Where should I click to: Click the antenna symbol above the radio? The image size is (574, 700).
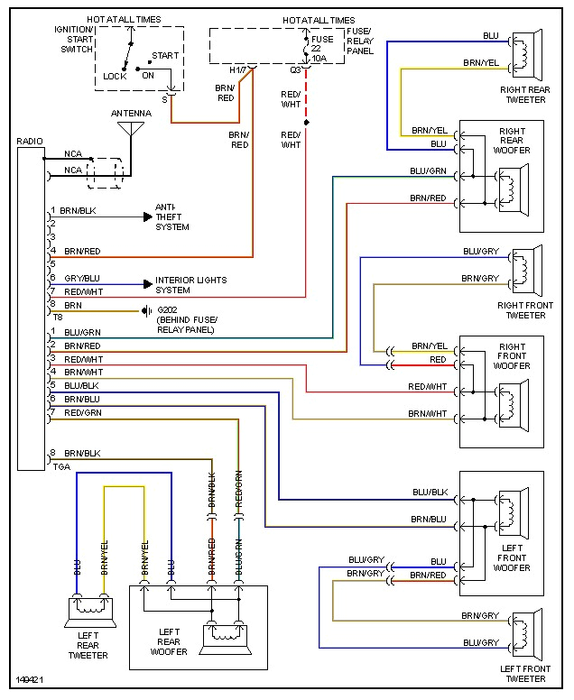click(x=130, y=129)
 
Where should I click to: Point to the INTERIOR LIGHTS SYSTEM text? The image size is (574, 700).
click(x=190, y=285)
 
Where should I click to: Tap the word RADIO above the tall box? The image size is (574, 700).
click(x=30, y=142)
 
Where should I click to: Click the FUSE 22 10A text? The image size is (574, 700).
click(x=322, y=49)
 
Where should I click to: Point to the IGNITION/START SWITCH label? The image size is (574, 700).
click(x=73, y=39)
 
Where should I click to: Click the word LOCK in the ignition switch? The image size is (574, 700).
click(x=115, y=77)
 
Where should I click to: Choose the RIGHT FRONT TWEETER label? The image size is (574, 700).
click(x=525, y=310)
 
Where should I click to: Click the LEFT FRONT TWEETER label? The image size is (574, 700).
click(x=525, y=673)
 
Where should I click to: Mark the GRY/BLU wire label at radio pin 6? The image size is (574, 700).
click(x=82, y=278)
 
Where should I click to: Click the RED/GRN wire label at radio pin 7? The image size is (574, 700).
click(x=82, y=412)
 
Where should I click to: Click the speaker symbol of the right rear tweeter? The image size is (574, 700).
click(x=524, y=54)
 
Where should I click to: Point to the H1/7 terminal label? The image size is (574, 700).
click(x=237, y=69)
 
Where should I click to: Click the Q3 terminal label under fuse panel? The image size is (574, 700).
click(x=295, y=69)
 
